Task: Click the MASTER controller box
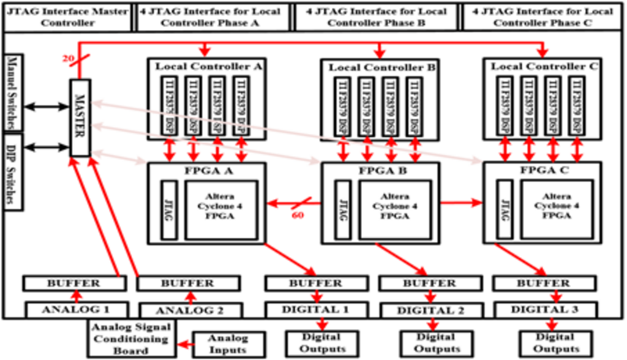point(80,118)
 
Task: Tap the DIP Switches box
point(12,171)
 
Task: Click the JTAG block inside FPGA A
point(170,210)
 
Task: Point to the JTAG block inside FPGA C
point(504,210)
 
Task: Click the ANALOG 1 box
point(77,309)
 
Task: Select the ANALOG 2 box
point(190,309)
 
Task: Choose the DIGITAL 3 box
point(544,309)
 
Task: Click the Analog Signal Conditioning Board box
point(130,339)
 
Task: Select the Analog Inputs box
point(228,344)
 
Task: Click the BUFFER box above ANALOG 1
point(74,283)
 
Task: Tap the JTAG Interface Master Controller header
point(68,17)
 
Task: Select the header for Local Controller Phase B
point(376,17)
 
